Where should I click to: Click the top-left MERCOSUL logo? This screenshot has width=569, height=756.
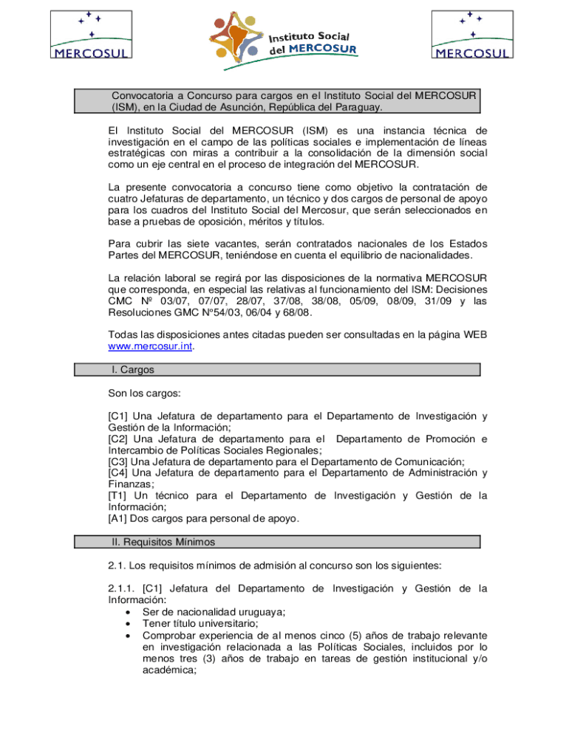point(91,34)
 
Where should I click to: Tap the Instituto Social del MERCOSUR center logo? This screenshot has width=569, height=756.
point(282,41)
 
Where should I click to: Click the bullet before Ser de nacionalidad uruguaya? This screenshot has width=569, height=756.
point(129,612)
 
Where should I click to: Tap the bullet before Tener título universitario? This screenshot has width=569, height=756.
point(129,624)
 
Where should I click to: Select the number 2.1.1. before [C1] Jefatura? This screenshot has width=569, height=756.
point(122,588)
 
